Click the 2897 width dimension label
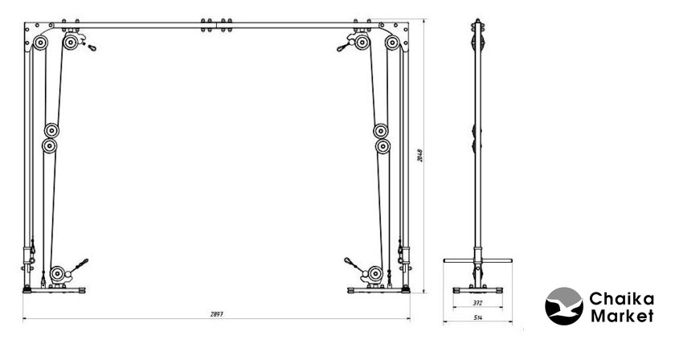pos(215,314)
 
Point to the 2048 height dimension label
pos(420,155)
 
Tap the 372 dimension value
pos(478,303)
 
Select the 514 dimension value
pos(478,319)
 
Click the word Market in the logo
pos(622,317)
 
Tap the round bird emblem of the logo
pos(565,307)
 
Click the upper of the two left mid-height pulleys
pos(53,130)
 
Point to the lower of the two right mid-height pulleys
pos(382,146)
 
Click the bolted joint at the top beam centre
pos(217,26)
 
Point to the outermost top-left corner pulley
pos(41,43)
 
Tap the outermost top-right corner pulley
pos(393,43)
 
